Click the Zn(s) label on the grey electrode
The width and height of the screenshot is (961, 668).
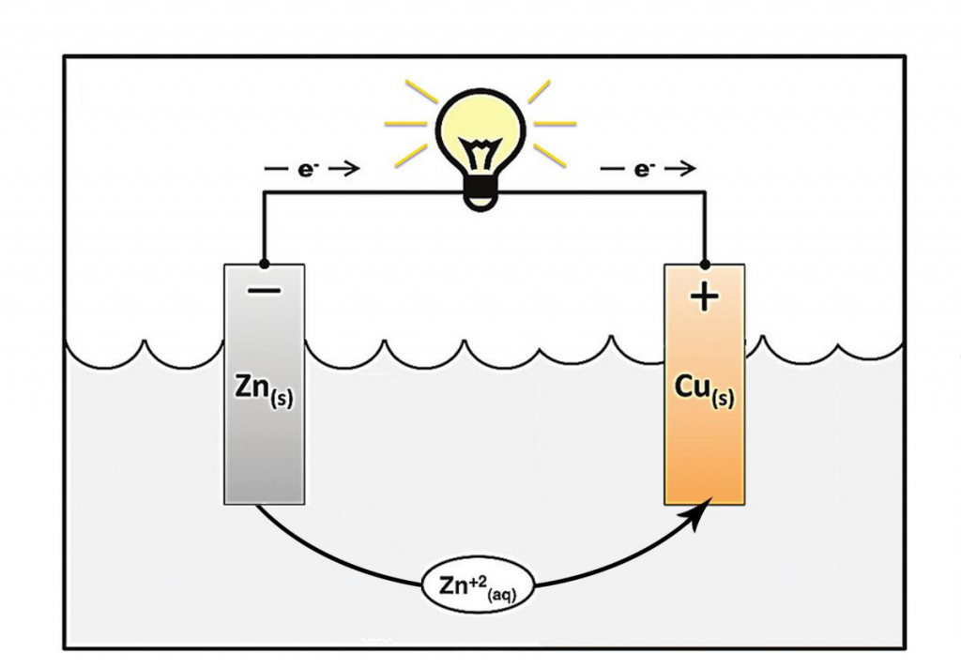[264, 391]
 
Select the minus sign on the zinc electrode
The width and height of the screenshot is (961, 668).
[264, 291]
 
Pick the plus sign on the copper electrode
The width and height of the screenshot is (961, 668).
[704, 297]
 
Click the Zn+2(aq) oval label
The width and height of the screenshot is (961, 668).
[478, 585]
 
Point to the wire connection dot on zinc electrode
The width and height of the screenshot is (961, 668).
[264, 265]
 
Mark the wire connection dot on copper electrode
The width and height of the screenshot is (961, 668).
[705, 265]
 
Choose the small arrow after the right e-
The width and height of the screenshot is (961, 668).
[679, 168]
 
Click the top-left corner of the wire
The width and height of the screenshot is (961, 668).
[264, 192]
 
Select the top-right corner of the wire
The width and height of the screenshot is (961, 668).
[705, 192]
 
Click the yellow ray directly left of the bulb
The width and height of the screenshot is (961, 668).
[405, 123]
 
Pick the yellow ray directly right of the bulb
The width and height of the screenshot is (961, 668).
[556, 123]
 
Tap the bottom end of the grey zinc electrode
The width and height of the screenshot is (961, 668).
[264, 505]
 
